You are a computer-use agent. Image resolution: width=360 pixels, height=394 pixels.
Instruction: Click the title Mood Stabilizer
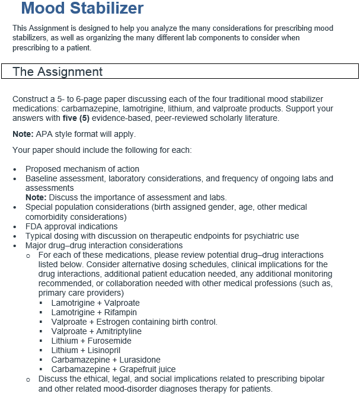(x=82, y=9)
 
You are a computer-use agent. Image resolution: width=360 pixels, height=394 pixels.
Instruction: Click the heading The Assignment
(x=58, y=72)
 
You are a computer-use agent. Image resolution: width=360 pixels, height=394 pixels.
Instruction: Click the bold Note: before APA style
(x=23, y=134)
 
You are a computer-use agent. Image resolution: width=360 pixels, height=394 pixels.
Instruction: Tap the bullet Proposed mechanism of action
(x=82, y=169)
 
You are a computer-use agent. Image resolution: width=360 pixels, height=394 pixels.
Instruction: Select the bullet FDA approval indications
(x=71, y=226)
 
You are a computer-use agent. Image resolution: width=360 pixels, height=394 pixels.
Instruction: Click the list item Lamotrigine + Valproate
(x=95, y=303)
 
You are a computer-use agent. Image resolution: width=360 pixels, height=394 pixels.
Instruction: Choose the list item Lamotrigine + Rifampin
(x=94, y=312)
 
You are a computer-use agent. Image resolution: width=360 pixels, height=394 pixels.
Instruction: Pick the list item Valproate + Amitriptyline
(x=96, y=331)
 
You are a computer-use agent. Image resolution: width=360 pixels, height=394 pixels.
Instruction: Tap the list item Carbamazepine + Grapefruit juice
(x=113, y=369)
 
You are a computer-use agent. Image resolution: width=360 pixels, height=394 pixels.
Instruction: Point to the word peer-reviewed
(x=192, y=118)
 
